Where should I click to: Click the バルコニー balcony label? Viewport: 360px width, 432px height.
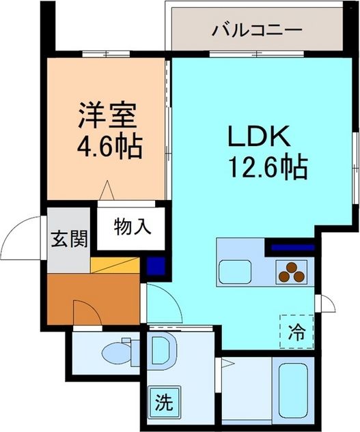256,30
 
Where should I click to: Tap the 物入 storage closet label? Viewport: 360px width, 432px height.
130,225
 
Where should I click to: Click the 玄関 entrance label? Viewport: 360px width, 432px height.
69,239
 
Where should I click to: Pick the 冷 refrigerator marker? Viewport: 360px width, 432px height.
296,332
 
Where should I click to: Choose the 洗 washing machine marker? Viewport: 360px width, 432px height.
163,400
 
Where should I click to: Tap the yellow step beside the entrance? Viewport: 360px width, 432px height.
115,265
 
